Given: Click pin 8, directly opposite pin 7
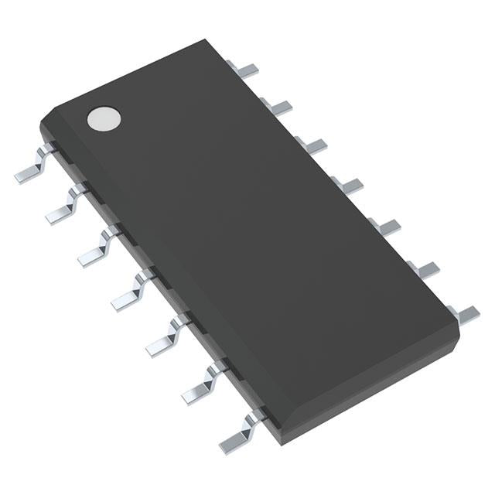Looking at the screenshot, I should click(463, 312).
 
